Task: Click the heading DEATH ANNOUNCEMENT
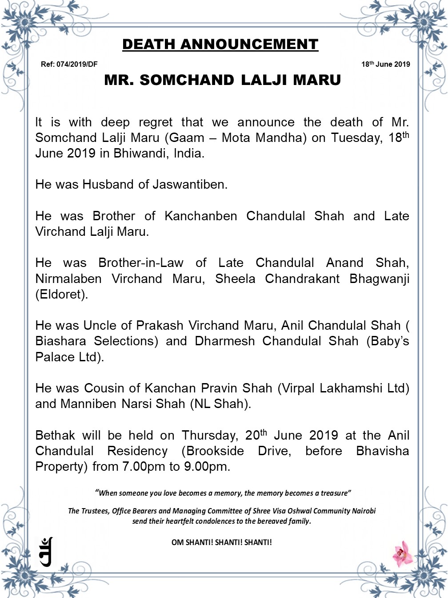(x=220, y=44)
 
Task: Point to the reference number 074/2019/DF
(x=77, y=64)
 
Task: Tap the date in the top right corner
(x=385, y=64)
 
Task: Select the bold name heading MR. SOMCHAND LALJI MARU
(x=222, y=80)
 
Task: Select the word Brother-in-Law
(x=141, y=263)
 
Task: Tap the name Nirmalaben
(x=68, y=279)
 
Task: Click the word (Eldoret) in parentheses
(x=61, y=295)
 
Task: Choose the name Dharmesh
(x=224, y=341)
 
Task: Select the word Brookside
(x=213, y=451)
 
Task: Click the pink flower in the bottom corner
(x=403, y=553)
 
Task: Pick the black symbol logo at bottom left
(x=46, y=552)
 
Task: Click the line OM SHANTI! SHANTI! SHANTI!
(x=221, y=542)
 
